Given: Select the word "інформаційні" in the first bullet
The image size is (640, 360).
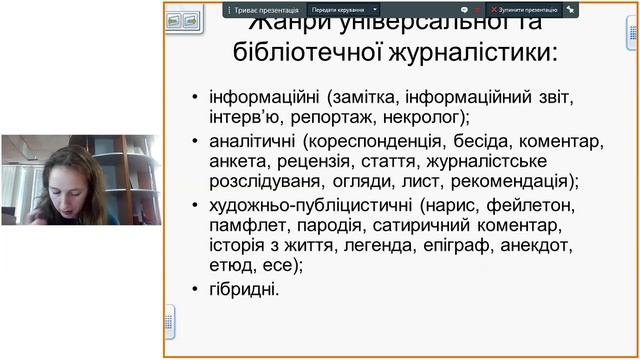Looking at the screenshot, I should [x=257, y=97].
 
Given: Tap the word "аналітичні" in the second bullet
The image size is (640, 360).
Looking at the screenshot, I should [x=251, y=142].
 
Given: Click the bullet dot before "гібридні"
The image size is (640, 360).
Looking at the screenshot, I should [x=194, y=290].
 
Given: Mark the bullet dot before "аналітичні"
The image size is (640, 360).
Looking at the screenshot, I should [x=194, y=142].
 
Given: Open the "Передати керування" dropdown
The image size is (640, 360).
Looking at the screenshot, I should [x=342, y=9].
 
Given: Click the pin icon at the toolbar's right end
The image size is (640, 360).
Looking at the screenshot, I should [x=570, y=9].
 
